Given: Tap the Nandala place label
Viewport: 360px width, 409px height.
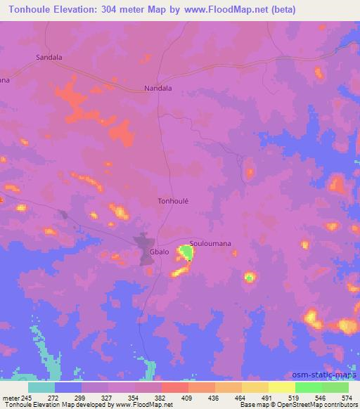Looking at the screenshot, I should click(x=157, y=89).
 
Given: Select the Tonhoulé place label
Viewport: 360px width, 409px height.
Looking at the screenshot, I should click(x=172, y=200).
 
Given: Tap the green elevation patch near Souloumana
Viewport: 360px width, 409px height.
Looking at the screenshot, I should click(x=186, y=252).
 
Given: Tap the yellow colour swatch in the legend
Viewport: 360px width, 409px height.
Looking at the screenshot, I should click(x=281, y=387).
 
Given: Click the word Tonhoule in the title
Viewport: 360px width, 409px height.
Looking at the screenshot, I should click(x=27, y=10).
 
